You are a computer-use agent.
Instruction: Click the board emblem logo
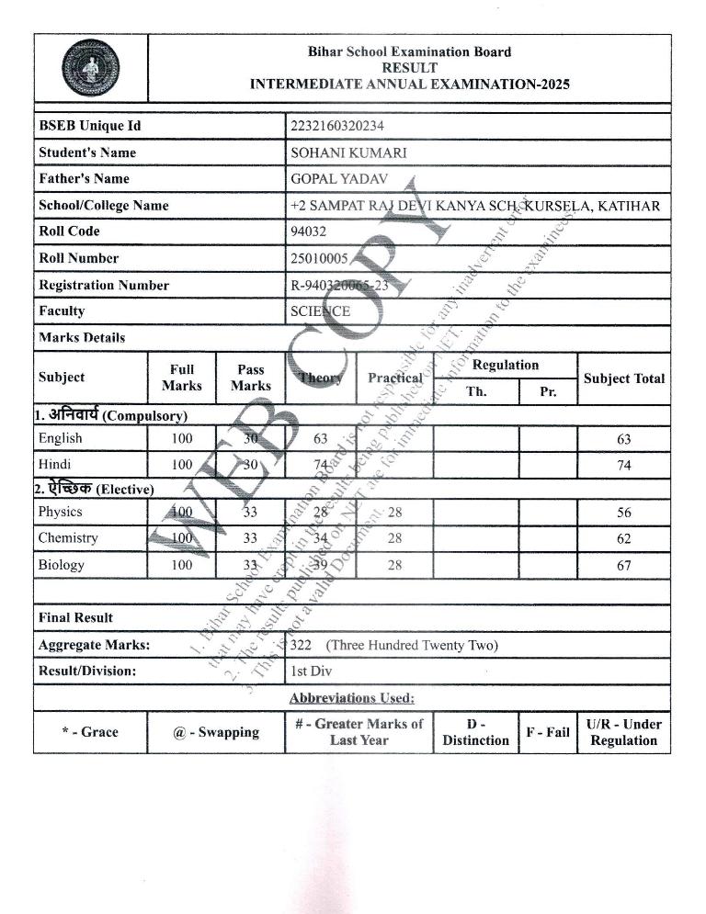point(91,69)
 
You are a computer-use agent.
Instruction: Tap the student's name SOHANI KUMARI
point(348,152)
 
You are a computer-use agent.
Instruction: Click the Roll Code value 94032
point(309,231)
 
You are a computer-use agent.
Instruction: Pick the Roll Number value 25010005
point(319,258)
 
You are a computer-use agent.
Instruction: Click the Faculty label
point(63,311)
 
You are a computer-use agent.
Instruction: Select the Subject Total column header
point(624,378)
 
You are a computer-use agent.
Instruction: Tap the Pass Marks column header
point(250,378)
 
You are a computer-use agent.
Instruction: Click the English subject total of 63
point(624,439)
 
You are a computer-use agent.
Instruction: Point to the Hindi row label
point(54,465)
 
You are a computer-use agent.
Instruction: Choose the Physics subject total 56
point(624,513)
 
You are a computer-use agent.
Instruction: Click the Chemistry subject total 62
point(624,539)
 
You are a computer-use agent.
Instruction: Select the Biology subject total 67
point(624,566)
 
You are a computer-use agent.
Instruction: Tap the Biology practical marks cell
point(394,565)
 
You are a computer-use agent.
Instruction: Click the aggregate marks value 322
point(302,645)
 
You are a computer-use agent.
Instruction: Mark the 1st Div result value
point(311,671)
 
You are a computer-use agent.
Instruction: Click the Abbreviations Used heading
point(352,698)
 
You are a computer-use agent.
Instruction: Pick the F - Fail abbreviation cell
point(547,732)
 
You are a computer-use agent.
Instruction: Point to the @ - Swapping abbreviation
point(216,732)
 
